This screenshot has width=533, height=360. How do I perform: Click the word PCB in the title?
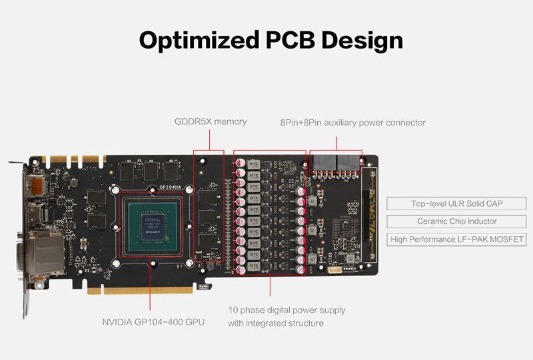point(290,40)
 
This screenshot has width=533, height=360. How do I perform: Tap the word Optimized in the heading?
point(199,41)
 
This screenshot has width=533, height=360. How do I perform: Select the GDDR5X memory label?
point(211,121)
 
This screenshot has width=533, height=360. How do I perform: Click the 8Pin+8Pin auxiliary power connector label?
point(353,123)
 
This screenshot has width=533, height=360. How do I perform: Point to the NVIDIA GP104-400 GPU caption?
point(153,322)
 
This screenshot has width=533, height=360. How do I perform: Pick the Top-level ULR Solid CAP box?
point(456,203)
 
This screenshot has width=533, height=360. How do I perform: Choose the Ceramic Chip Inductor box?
point(456,221)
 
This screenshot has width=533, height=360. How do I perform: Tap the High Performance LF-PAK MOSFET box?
point(456,239)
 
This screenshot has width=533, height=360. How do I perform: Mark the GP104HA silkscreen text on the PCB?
point(171,187)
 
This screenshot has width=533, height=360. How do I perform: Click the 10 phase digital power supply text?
point(286,310)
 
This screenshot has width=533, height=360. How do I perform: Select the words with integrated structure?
point(276,323)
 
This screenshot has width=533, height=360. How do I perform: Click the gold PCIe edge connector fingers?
point(140,290)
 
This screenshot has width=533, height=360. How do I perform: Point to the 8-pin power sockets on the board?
point(336,163)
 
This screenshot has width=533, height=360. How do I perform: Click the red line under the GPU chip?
point(150,284)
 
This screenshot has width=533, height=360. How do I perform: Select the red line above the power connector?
point(336,143)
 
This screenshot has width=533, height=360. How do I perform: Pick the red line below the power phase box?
point(270,285)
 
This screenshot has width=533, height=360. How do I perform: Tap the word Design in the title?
point(362,41)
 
